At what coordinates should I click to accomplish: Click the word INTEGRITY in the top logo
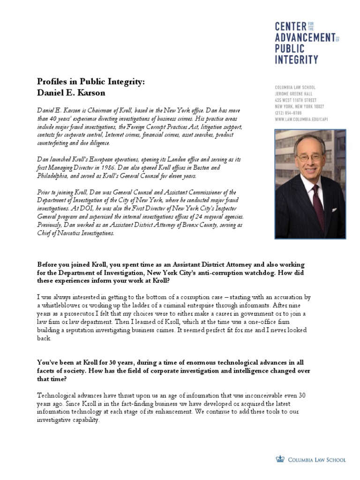(x=296, y=60)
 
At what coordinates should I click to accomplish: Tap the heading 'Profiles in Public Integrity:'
(x=91, y=82)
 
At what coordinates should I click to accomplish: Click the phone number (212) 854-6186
(x=288, y=113)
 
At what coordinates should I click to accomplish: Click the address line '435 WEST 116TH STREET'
(x=299, y=100)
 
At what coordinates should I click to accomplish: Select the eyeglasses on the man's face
(x=308, y=157)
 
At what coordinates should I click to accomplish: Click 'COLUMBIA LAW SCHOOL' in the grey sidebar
(x=295, y=87)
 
